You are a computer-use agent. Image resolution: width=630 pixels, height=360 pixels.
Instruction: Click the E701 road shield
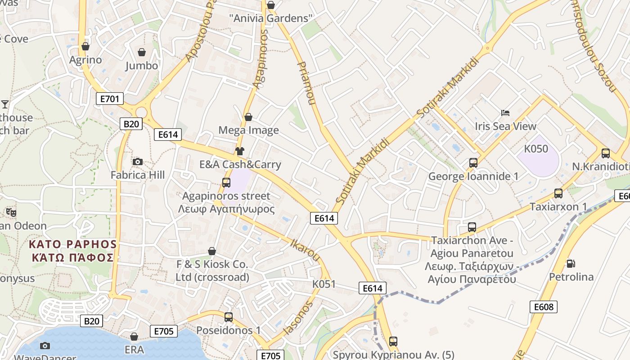(x=110, y=99)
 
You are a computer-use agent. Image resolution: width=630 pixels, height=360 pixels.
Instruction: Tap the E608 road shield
(x=543, y=307)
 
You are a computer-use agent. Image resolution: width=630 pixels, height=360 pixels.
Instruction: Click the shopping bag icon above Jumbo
(x=142, y=52)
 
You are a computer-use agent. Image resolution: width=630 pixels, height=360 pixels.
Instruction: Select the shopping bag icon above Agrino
(x=85, y=46)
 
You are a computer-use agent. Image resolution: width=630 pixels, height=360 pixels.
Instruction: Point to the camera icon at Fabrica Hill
(x=138, y=162)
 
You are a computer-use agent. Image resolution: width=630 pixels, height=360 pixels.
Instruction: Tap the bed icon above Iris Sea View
(x=505, y=113)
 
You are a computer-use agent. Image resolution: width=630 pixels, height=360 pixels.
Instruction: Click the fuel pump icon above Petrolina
(x=571, y=263)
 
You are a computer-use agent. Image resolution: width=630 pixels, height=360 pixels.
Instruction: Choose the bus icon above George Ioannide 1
(x=473, y=162)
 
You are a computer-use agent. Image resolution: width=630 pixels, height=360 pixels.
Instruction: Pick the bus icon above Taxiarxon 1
(x=558, y=193)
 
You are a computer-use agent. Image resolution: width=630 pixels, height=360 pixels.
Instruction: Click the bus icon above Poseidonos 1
(x=229, y=317)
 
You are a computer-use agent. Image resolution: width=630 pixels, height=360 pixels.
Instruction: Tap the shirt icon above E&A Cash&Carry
(x=240, y=151)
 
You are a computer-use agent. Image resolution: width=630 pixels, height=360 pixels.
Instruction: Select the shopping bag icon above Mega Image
(x=248, y=117)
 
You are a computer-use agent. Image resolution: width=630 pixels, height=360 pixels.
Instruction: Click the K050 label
(x=536, y=149)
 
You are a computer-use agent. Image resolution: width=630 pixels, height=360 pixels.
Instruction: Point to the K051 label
(x=324, y=284)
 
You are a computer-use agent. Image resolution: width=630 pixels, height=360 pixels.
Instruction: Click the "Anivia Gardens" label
(x=271, y=18)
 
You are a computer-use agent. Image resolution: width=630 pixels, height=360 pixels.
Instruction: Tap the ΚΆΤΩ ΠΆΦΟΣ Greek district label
(x=72, y=258)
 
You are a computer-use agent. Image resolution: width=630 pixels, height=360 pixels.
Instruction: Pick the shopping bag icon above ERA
(x=134, y=337)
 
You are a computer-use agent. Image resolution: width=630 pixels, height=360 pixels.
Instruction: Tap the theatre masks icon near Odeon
(x=11, y=212)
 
